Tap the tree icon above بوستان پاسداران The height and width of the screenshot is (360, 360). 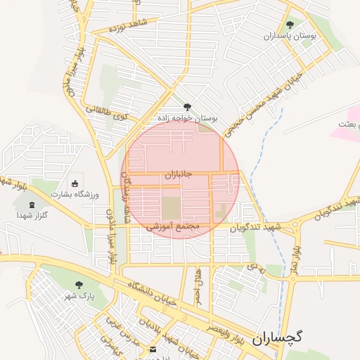(x=290, y=25)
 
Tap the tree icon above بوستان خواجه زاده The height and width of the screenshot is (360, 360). (x=186, y=107)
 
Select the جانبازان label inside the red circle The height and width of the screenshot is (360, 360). (x=179, y=174)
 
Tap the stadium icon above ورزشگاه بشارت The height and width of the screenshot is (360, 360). (x=75, y=184)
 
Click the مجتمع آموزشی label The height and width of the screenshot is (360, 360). (x=173, y=228)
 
